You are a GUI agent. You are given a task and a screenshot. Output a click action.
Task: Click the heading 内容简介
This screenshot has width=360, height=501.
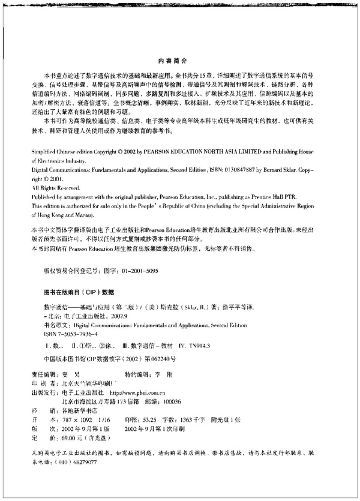(x=179, y=61)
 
